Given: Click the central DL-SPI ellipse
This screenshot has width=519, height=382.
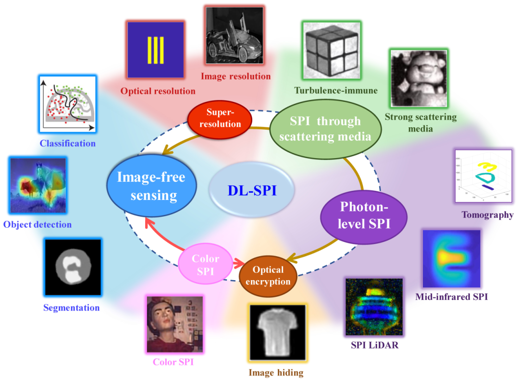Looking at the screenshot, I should point(252,191).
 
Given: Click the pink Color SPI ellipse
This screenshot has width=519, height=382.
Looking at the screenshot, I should point(205,265).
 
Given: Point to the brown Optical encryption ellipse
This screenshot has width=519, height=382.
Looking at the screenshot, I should point(268,275).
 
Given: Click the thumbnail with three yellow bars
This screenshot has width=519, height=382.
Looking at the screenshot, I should point(156,49).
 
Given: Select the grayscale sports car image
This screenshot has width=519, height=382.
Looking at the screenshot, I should point(235,36).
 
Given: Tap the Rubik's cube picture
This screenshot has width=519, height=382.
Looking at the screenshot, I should point(331,50).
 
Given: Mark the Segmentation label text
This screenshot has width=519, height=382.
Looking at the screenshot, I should point(71,308).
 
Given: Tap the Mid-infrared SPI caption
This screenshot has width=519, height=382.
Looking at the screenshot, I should point(451,297).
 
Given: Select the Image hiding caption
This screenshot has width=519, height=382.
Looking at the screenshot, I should point(276,372).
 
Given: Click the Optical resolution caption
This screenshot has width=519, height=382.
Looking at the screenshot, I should point(158,91).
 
